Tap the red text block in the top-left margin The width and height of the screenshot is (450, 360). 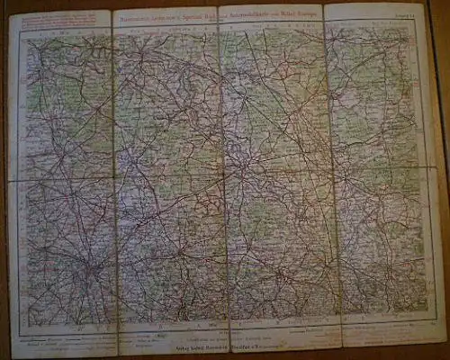click(54, 21)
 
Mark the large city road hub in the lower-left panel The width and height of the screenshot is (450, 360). click(92, 269)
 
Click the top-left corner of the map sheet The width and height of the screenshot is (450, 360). click(10, 13)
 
